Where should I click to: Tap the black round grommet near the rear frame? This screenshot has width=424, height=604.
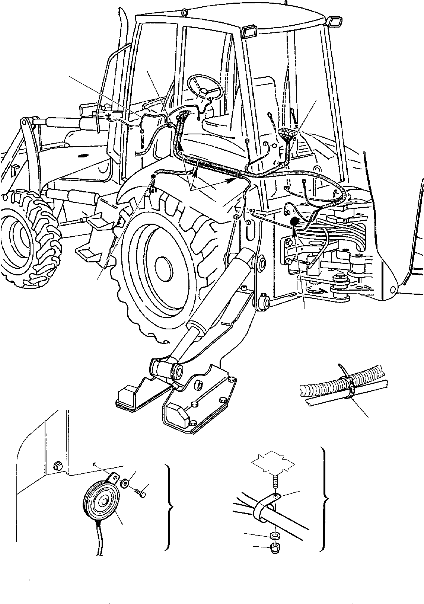(294, 222)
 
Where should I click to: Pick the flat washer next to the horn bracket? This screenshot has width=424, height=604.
(125, 484)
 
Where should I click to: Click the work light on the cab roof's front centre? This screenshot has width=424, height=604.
(248, 31)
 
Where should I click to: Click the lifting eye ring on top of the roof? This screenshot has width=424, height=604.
(184, 13)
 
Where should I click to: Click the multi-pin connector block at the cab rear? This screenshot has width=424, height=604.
(287, 134)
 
